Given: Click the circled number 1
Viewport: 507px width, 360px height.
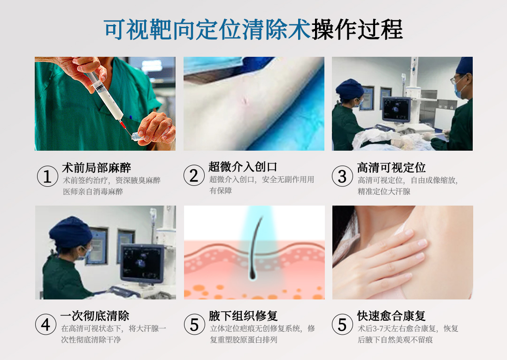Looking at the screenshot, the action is pos(47,176).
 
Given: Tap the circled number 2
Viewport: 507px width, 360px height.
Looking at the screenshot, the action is pos(194,176).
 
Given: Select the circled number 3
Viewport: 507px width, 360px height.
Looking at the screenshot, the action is pos(342,176).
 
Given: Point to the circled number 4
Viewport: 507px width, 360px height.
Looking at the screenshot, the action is pos(46,324).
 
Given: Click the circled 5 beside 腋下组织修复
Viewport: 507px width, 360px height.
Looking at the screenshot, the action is pos(194,324).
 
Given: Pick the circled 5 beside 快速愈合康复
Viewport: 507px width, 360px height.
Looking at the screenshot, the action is pos(342,324).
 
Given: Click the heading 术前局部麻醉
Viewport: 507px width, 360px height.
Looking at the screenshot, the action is pos(96,168).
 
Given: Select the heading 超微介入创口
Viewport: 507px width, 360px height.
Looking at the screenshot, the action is pos(243,167).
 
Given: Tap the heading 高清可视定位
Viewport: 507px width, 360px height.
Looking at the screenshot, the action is pos(391,168).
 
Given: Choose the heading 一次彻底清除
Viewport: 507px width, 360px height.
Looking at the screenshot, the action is pos(95,316).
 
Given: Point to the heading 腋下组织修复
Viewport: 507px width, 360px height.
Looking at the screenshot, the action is pos(243,316).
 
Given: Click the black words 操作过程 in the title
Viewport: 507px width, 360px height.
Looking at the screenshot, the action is pos(357,30).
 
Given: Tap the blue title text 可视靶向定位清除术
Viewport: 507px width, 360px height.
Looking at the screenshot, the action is pos(207,30).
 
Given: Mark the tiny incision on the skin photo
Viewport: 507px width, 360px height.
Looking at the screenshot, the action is pos(244,101).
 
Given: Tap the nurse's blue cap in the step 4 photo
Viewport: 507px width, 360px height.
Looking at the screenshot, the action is pos(70,232).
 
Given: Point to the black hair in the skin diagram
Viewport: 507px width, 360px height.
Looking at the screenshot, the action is pos(254,249).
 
